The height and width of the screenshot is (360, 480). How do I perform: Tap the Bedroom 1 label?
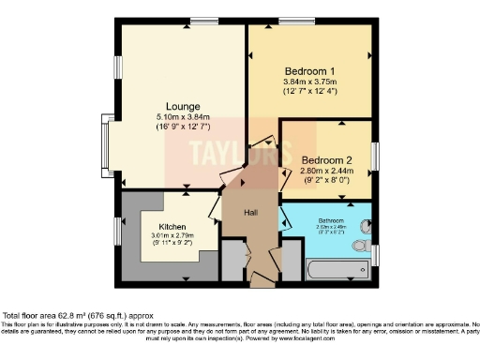coord(309,70)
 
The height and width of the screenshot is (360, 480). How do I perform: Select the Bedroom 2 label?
coord(325,160)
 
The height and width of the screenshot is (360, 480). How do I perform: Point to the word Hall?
coord(251,213)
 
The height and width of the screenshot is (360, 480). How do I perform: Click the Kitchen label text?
coord(172,226)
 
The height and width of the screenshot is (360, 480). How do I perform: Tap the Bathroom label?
coord(332,219)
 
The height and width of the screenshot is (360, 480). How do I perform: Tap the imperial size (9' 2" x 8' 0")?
coord(325,180)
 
